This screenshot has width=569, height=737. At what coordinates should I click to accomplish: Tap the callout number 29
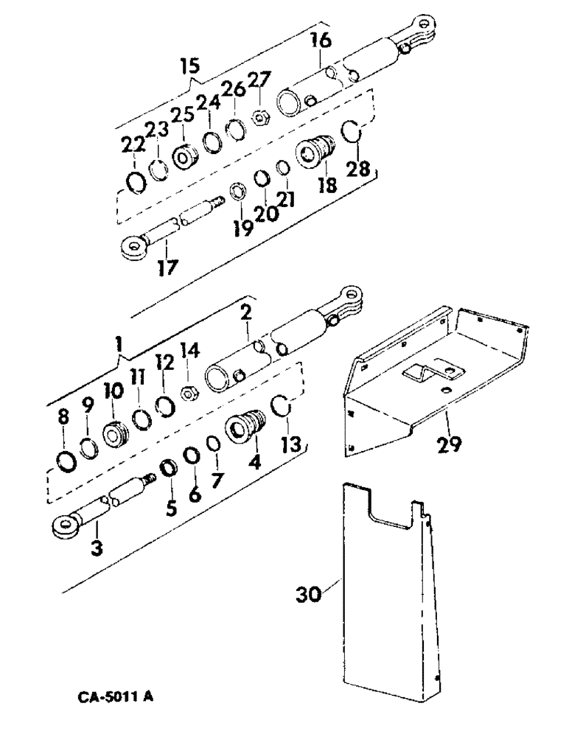pos(449,444)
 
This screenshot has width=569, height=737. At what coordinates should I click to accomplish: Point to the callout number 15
pos(190,67)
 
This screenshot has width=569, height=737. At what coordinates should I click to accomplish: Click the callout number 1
pos(119,342)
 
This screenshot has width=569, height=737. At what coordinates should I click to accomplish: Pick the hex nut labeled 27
pos(259,116)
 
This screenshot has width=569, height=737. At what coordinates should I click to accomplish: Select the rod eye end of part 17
pos(133,248)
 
